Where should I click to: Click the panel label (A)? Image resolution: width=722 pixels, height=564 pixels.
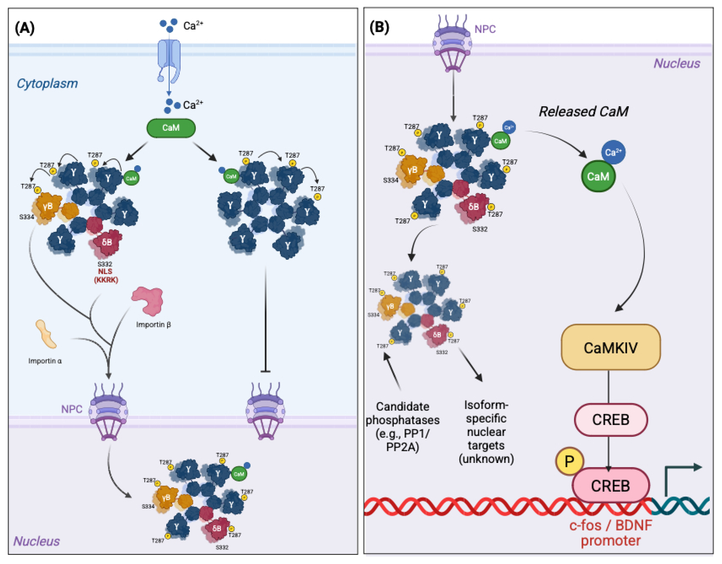[25, 28]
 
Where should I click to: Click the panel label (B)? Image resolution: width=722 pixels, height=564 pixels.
[379, 27]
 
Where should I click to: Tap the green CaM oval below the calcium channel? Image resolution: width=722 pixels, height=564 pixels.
[171, 128]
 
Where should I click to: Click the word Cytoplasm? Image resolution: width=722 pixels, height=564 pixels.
[47, 83]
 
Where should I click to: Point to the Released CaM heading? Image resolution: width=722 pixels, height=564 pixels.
[583, 111]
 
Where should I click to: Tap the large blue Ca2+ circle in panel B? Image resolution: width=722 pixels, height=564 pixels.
[613, 152]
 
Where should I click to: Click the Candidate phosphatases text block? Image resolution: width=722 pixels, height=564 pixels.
[402, 426]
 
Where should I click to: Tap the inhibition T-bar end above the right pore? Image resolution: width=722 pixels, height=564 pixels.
[265, 371]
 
